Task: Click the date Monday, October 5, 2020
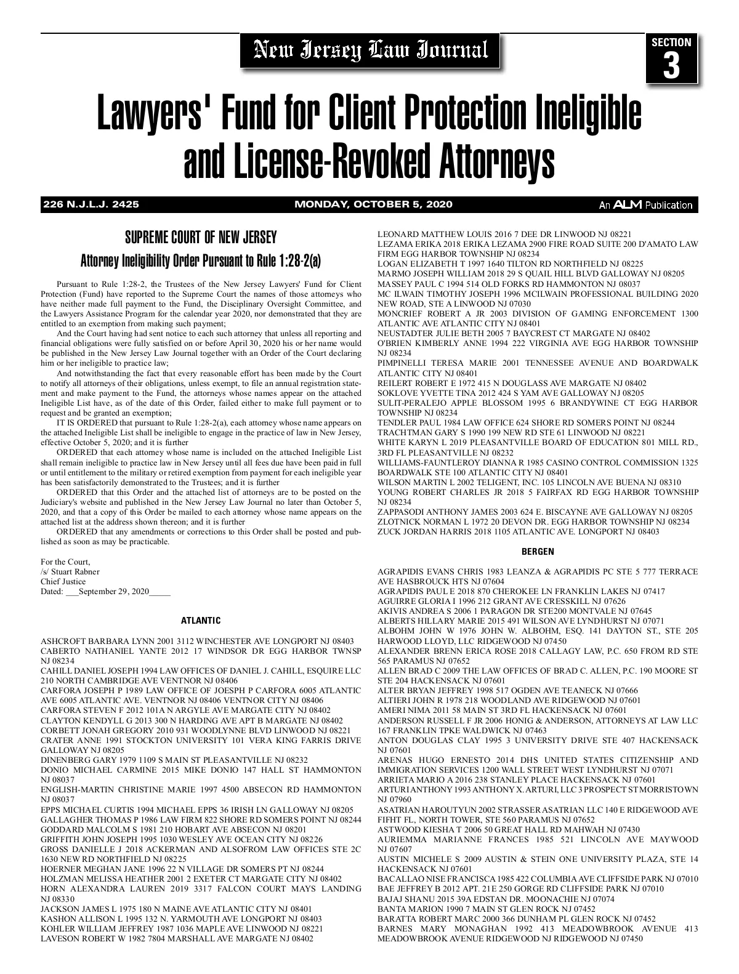[373, 204]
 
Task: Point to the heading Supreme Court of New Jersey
[201, 238]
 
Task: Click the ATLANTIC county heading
[201, 621]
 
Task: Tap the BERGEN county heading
[538, 552]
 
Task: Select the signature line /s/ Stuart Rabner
[70, 571]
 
